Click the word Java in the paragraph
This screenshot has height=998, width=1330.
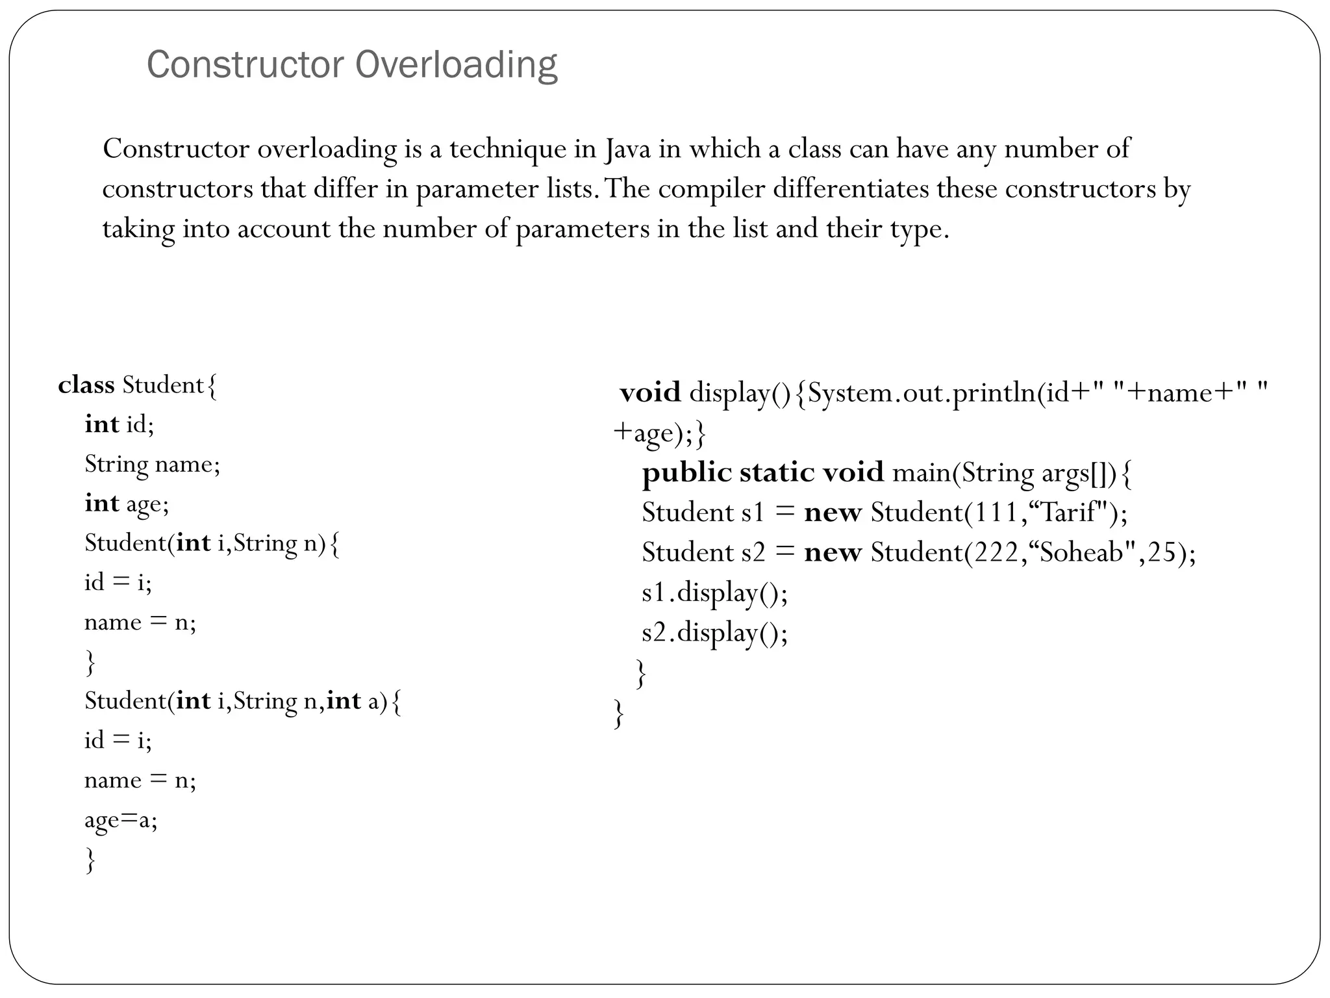pyautogui.click(x=627, y=149)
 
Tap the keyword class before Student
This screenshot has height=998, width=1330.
pyautogui.click(x=86, y=385)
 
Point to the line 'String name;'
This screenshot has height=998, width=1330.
pyautogui.click(x=152, y=465)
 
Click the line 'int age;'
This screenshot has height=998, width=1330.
pyautogui.click(x=127, y=504)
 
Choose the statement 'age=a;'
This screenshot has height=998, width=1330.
pyautogui.click(x=121, y=820)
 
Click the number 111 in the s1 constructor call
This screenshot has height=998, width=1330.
pyautogui.click(x=991, y=513)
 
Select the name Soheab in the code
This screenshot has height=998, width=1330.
pyautogui.click(x=1082, y=552)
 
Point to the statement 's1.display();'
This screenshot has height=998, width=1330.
pyautogui.click(x=714, y=593)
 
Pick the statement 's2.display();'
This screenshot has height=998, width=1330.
pyautogui.click(x=714, y=632)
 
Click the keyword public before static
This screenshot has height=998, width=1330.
pyautogui.click(x=686, y=473)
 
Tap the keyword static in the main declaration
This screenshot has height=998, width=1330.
pyautogui.click(x=776, y=472)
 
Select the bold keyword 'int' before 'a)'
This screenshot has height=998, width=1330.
pyautogui.click(x=344, y=701)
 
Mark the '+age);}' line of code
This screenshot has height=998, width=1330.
pyautogui.click(x=659, y=433)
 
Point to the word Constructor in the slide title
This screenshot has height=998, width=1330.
pyautogui.click(x=245, y=66)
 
